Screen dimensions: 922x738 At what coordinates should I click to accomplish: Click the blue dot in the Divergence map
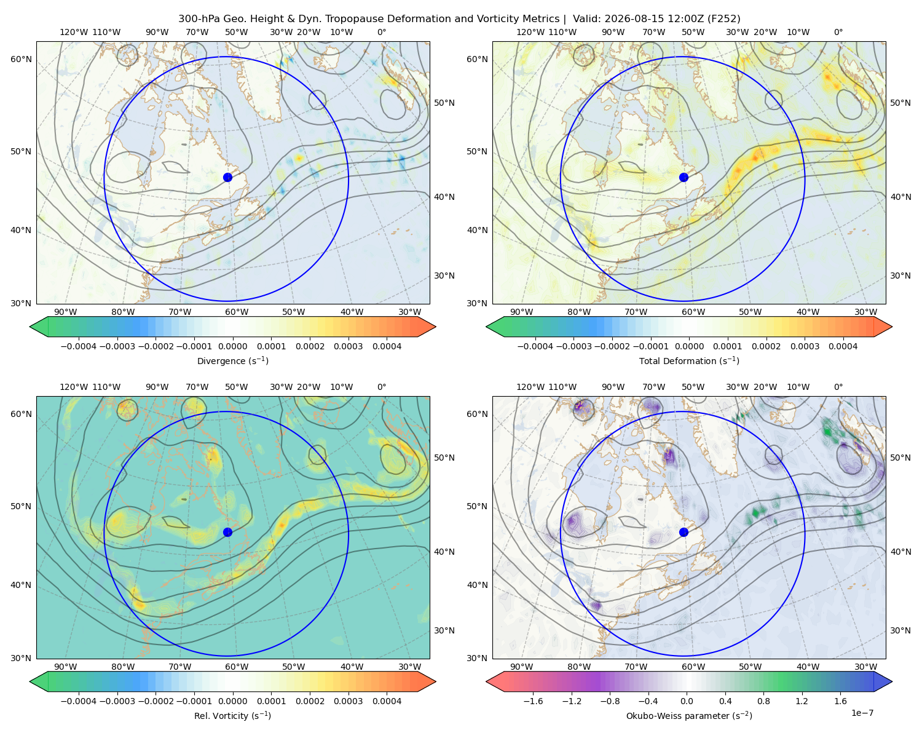click(227, 177)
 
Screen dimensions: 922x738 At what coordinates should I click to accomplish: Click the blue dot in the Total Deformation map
click(684, 177)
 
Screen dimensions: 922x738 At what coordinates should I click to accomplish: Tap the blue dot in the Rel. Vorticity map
click(227, 532)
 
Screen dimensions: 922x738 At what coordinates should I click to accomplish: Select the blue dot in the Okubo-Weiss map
click(684, 532)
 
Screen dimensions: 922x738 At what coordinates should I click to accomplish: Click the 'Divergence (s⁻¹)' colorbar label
click(232, 360)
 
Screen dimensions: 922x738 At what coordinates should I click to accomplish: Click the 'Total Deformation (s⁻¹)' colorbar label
click(689, 360)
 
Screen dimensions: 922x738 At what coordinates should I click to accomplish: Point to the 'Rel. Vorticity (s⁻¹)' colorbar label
click(232, 715)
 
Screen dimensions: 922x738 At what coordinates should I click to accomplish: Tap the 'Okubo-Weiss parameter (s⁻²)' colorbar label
click(689, 715)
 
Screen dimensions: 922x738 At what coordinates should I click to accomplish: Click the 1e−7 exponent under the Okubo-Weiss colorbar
click(862, 713)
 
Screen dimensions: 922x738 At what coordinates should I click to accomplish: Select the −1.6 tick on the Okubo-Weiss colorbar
click(533, 700)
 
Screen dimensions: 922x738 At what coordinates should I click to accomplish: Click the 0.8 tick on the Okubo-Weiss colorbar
click(763, 700)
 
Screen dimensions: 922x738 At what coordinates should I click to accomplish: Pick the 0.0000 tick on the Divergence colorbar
click(232, 346)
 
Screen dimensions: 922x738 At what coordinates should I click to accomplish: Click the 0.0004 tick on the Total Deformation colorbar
click(843, 346)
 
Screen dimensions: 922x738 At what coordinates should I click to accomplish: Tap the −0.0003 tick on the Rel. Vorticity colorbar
click(117, 700)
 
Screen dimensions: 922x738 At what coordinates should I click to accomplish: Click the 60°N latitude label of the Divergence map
click(21, 59)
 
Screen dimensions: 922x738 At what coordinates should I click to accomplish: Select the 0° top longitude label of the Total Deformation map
click(838, 32)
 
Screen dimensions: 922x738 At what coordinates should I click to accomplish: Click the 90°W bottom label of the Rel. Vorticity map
click(66, 667)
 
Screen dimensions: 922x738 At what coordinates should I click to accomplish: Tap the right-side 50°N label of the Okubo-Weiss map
click(900, 458)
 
